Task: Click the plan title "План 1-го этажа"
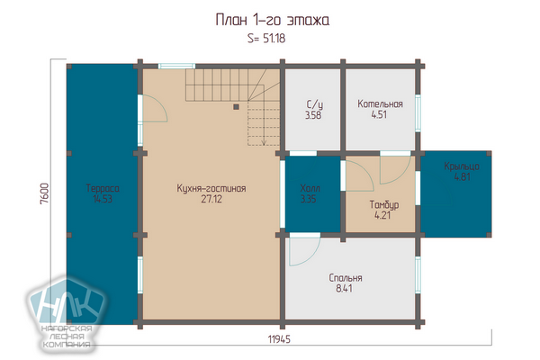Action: [272, 20]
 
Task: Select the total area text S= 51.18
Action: [266, 38]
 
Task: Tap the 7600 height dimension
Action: [45, 193]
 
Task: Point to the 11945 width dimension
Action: [279, 339]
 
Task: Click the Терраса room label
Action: [103, 188]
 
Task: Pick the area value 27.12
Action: [211, 199]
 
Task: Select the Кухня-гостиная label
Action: [211, 188]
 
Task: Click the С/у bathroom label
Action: [314, 104]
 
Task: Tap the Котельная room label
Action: [380, 103]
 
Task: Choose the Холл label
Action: [310, 188]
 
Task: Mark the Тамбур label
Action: [384, 204]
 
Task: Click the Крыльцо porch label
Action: [462, 166]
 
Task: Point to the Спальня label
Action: [346, 278]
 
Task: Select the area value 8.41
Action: [344, 288]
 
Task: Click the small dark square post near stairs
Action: [236, 107]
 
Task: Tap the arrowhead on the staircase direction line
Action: [264, 142]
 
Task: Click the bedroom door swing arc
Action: [314, 256]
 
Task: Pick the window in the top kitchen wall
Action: [176, 66]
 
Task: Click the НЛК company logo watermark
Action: [66, 311]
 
